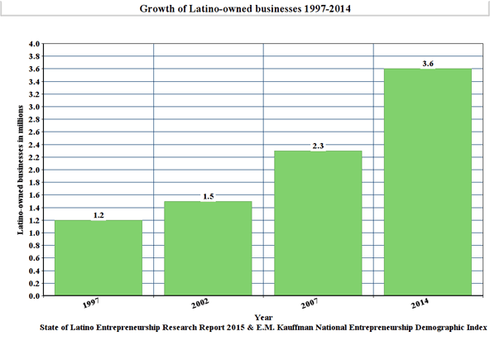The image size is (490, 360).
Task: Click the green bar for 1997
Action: click(x=98, y=258)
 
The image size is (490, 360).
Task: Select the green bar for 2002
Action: click(x=208, y=248)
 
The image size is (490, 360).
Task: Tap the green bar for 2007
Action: click(x=318, y=223)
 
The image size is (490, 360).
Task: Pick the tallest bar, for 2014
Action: click(x=428, y=182)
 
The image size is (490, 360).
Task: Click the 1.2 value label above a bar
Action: click(x=98, y=215)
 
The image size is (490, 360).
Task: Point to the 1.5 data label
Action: click(x=209, y=196)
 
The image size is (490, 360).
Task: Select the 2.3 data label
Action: click(x=318, y=146)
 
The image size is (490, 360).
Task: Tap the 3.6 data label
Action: click(x=428, y=64)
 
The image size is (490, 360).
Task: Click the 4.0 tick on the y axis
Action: click(x=35, y=44)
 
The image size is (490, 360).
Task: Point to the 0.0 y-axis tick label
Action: click(x=35, y=295)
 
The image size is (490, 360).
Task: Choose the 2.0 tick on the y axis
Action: click(x=35, y=170)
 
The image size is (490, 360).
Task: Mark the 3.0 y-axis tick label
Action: click(x=35, y=107)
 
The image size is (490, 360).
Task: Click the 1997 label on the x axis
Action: click(x=91, y=303)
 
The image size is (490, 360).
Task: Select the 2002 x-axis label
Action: click(x=200, y=303)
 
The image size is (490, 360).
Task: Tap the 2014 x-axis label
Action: click(x=420, y=303)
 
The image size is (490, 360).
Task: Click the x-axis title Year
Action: click(x=263, y=318)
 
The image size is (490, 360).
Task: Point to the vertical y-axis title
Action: click(x=21, y=170)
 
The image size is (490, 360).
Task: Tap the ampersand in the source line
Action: click(x=250, y=328)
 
